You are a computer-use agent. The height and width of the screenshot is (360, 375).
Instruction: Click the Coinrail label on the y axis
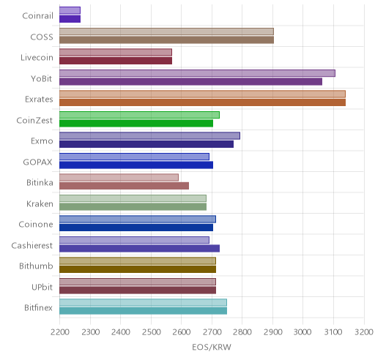[37, 16]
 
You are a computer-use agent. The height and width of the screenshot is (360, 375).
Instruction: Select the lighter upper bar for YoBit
[197, 73]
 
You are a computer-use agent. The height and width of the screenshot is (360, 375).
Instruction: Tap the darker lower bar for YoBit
[190, 82]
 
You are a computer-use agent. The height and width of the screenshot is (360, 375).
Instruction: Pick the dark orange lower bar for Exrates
[202, 102]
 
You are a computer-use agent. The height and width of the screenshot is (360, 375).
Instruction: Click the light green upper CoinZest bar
[139, 115]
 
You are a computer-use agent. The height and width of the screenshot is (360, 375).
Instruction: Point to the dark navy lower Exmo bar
[146, 144]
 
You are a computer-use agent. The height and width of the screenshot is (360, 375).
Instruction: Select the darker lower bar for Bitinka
[124, 186]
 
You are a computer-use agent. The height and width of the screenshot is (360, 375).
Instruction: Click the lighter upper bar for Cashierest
[134, 240]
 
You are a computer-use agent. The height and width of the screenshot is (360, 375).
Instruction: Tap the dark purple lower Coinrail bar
[70, 19]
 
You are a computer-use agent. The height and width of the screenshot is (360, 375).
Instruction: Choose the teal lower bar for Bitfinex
[143, 311]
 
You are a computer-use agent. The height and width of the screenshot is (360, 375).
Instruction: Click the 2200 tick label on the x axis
[59, 332]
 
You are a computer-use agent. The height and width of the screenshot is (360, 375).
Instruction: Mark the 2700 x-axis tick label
[212, 332]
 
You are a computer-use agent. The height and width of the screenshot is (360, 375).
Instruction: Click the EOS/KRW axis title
[212, 348]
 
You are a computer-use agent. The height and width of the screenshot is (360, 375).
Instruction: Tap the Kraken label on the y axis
[40, 203]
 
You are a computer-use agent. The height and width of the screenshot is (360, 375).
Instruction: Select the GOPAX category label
[37, 162]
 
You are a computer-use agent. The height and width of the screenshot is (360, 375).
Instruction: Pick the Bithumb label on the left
[36, 266]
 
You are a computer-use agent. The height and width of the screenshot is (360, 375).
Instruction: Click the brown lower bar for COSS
[166, 40]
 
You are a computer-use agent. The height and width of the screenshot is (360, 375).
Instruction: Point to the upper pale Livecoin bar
[116, 52]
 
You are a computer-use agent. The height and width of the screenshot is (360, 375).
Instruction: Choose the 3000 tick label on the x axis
[303, 332]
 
